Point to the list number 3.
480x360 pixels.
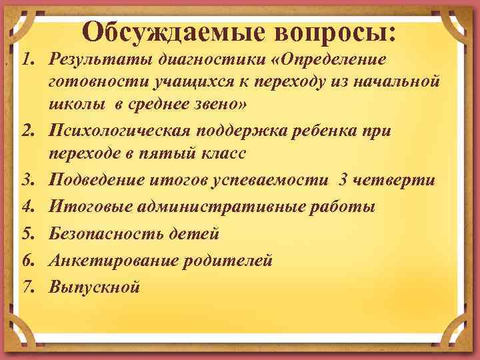(26, 181)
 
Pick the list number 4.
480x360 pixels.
(26, 207)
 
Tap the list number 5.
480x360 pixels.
(26, 234)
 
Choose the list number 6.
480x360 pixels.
(26, 261)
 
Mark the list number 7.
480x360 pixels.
(26, 287)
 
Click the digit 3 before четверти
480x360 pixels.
(343, 181)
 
